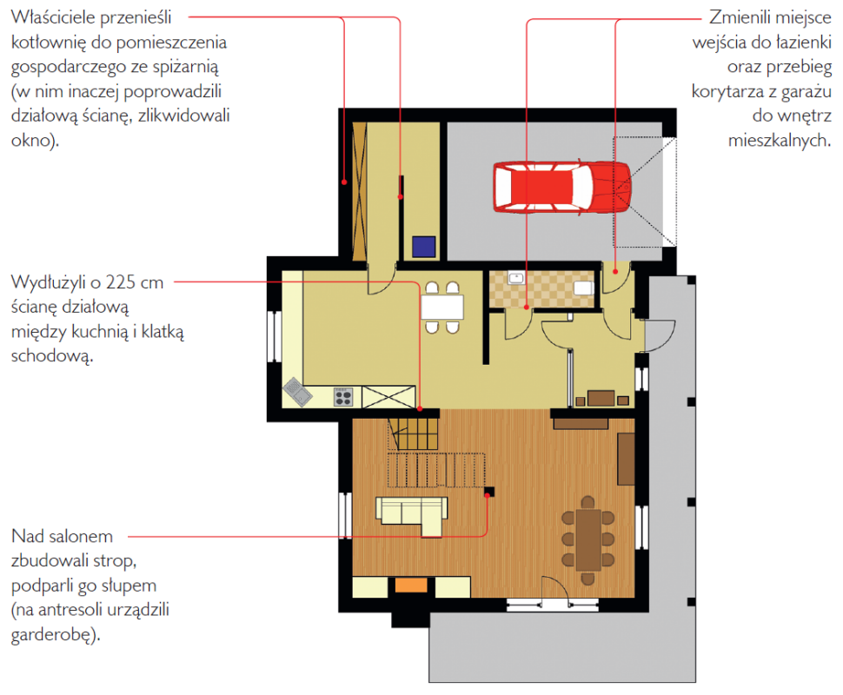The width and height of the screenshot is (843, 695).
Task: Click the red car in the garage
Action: click(561, 187)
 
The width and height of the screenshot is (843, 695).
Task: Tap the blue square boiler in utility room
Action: click(423, 247)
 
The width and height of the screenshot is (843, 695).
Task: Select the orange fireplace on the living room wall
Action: click(411, 585)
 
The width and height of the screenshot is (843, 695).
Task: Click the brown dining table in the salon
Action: click(588, 539)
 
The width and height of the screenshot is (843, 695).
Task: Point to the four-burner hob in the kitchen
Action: click(343, 397)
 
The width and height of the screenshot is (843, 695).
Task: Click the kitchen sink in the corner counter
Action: click(297, 392)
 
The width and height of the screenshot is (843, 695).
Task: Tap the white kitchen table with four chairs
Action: click(442, 308)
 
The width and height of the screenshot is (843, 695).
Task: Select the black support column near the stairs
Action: click(489, 492)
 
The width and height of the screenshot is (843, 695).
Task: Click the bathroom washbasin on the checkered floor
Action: click(516, 278)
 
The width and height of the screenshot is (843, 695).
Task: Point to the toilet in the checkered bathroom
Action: click(584, 288)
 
